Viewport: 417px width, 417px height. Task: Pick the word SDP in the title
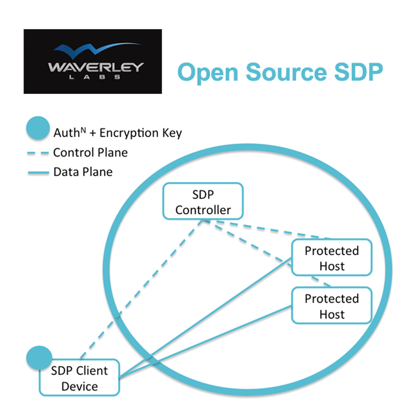[357, 72]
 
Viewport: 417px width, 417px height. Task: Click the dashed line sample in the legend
[38, 153]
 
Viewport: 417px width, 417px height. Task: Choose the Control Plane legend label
[90, 153]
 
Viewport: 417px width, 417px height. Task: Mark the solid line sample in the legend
[38, 172]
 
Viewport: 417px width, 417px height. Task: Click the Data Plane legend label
[83, 172]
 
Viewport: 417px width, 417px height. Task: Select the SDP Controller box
[203, 201]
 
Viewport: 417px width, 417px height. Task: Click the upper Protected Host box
[332, 258]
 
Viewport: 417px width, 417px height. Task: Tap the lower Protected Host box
[332, 306]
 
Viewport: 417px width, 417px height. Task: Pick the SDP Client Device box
[79, 378]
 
